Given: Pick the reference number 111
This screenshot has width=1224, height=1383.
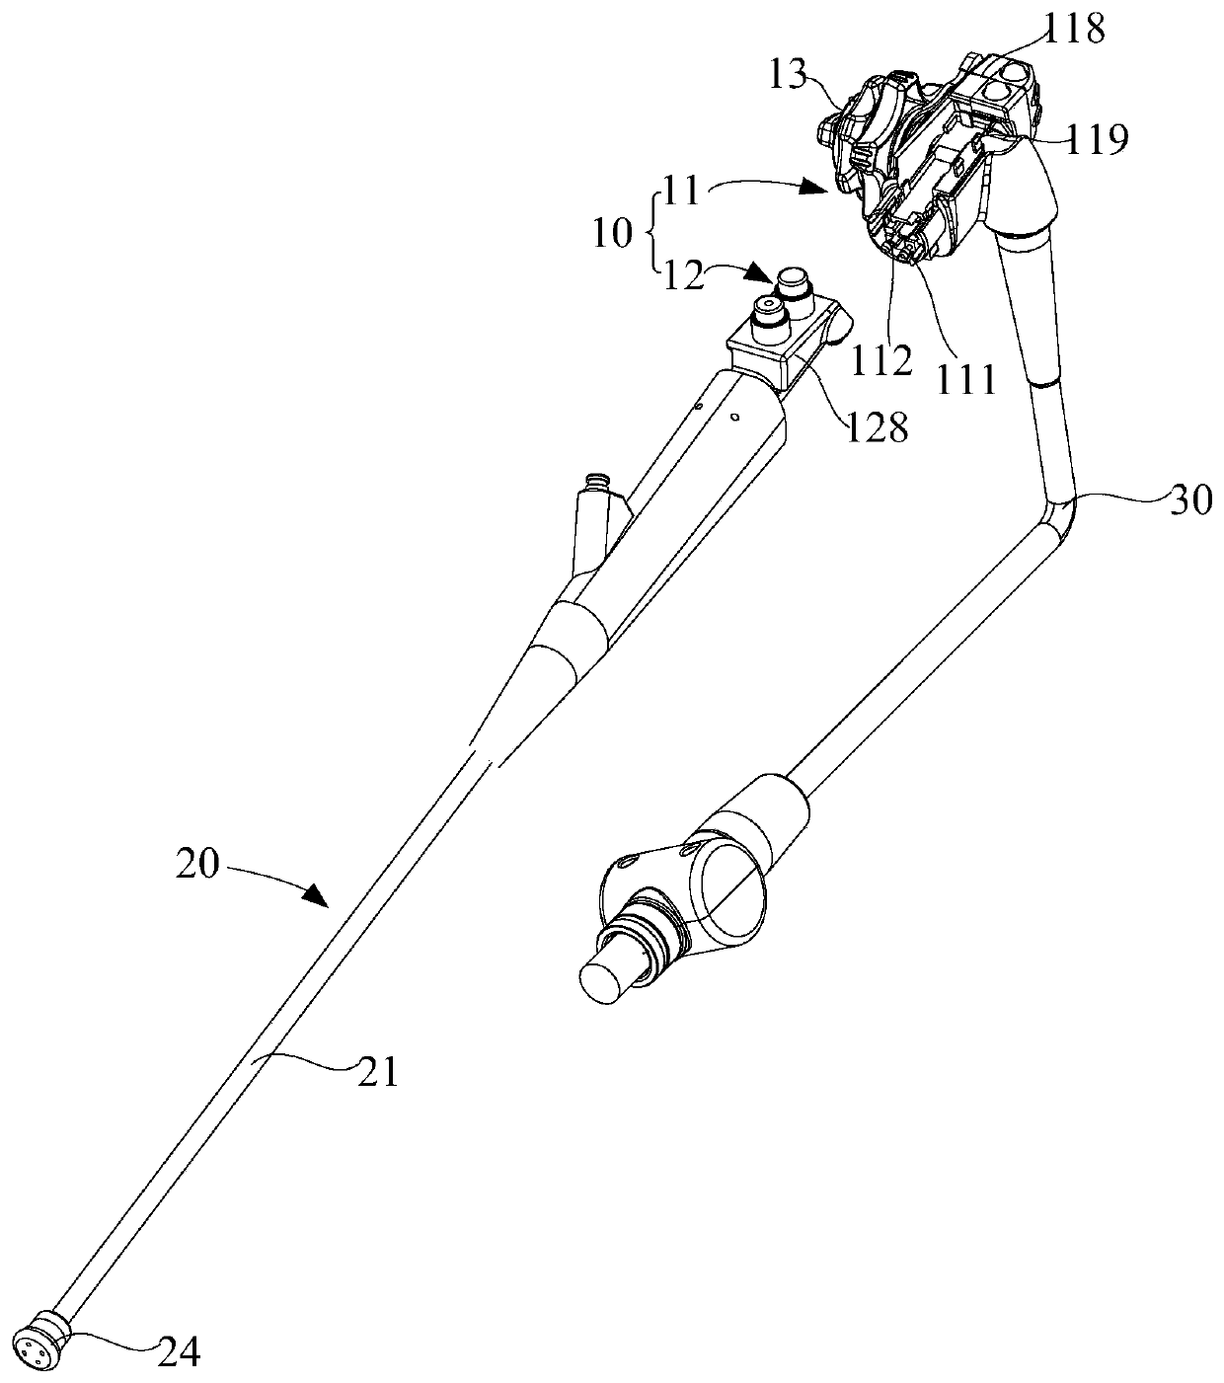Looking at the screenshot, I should (x=966, y=378).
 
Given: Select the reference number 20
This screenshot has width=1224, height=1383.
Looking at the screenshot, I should (x=200, y=866).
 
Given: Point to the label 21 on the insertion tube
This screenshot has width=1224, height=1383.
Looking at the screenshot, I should (x=375, y=1071).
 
